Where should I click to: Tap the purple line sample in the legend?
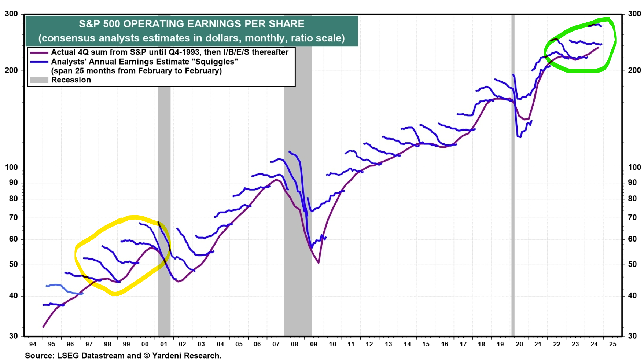[39, 52]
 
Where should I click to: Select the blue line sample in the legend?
[39, 62]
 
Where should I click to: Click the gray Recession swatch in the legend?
[39, 80]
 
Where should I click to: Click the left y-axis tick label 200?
[11, 70]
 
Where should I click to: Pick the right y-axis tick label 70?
[632, 218]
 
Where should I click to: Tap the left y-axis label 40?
[13, 295]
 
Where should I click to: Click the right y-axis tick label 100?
[634, 168]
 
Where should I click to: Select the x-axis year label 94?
[33, 344]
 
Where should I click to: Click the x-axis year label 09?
[314, 344]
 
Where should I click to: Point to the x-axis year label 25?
[613, 344]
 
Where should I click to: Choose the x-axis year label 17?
[463, 344]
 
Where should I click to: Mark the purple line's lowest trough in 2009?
[319, 263]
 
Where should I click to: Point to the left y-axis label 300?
[11, 14]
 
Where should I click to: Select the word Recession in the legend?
[71, 80]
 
